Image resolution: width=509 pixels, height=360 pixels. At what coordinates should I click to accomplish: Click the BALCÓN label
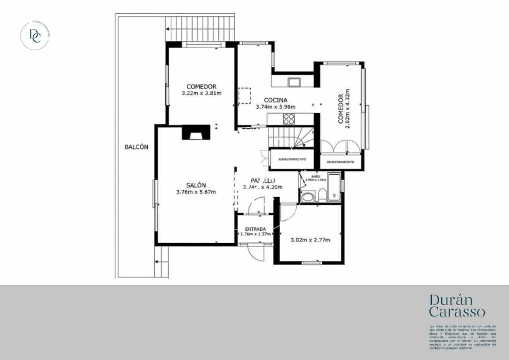[x=136, y=147]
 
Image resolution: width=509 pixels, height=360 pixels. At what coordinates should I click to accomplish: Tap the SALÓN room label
[x=196, y=185]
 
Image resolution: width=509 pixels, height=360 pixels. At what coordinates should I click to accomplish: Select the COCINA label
[x=275, y=100]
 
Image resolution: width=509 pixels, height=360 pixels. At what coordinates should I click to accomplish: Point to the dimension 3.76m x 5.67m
[x=196, y=192]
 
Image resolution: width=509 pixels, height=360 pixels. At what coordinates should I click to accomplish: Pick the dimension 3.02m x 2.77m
[x=310, y=240]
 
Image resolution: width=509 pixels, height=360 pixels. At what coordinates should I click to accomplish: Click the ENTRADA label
[x=255, y=229]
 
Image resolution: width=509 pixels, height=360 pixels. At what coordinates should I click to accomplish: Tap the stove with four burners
[x=288, y=119]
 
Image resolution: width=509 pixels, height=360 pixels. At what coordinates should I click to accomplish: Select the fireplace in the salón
[x=196, y=132]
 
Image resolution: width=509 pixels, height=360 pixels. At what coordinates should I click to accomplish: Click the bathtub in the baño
[x=334, y=187]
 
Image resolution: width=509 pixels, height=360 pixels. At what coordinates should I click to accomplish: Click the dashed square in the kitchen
[x=244, y=96]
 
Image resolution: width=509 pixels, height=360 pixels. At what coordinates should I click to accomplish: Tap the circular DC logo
[x=35, y=35]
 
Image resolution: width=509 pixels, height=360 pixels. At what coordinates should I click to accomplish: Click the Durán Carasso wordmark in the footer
[x=457, y=306]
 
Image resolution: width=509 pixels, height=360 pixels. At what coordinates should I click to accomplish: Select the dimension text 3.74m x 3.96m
[x=275, y=107]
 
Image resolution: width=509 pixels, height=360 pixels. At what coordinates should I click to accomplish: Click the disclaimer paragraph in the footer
[x=462, y=337]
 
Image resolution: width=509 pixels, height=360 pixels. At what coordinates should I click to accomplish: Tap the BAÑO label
[x=316, y=176]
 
